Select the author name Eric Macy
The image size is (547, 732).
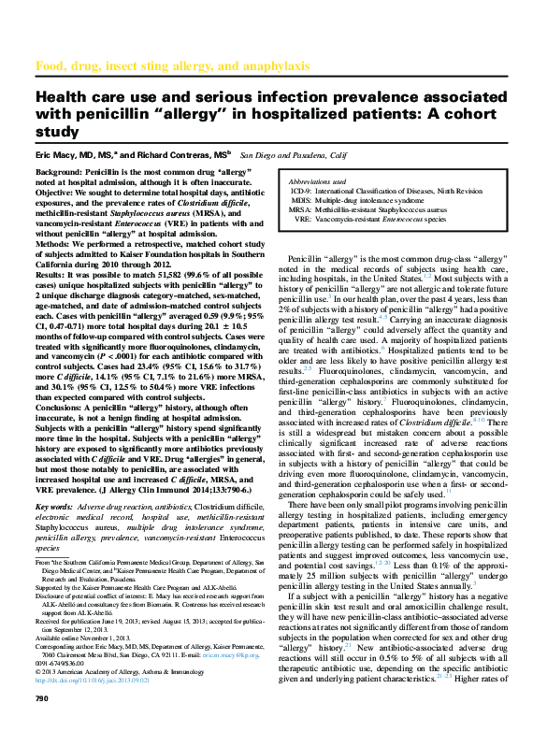[x=57, y=153]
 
